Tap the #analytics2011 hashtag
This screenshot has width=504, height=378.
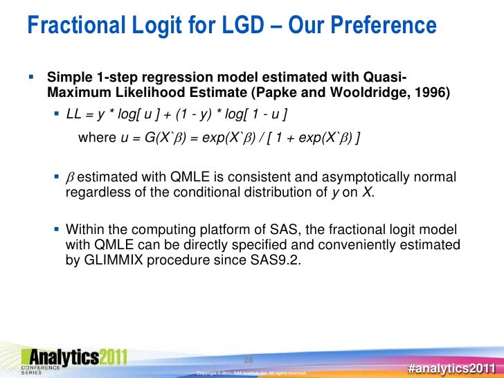coord(451,367)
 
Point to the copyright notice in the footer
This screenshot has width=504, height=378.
coord(252,373)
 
